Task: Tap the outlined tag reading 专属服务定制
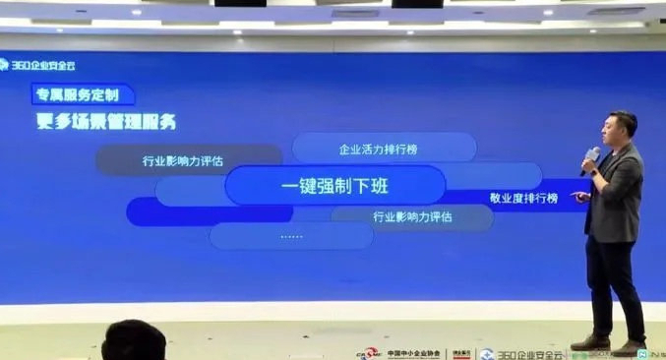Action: [82, 95]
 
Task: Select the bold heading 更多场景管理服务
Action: [106, 123]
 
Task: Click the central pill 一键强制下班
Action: [334, 186]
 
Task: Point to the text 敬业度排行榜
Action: [523, 198]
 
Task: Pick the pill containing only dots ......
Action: [291, 236]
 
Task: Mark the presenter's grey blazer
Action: [617, 196]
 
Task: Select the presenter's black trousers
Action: [612, 285]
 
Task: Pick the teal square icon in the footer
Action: [640, 352]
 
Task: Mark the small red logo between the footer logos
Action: [460, 352]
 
